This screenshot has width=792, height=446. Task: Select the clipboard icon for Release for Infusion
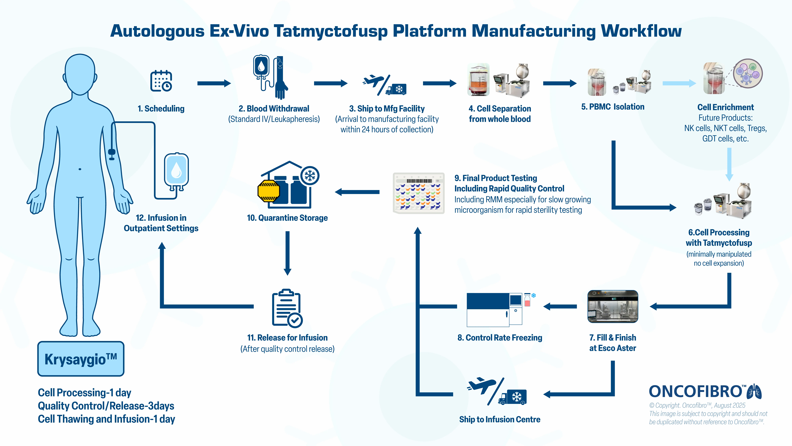[287, 308]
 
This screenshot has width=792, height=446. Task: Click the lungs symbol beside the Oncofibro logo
[754, 391]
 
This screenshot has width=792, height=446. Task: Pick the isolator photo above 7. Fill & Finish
[612, 306]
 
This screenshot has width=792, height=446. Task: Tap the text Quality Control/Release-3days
[106, 406]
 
